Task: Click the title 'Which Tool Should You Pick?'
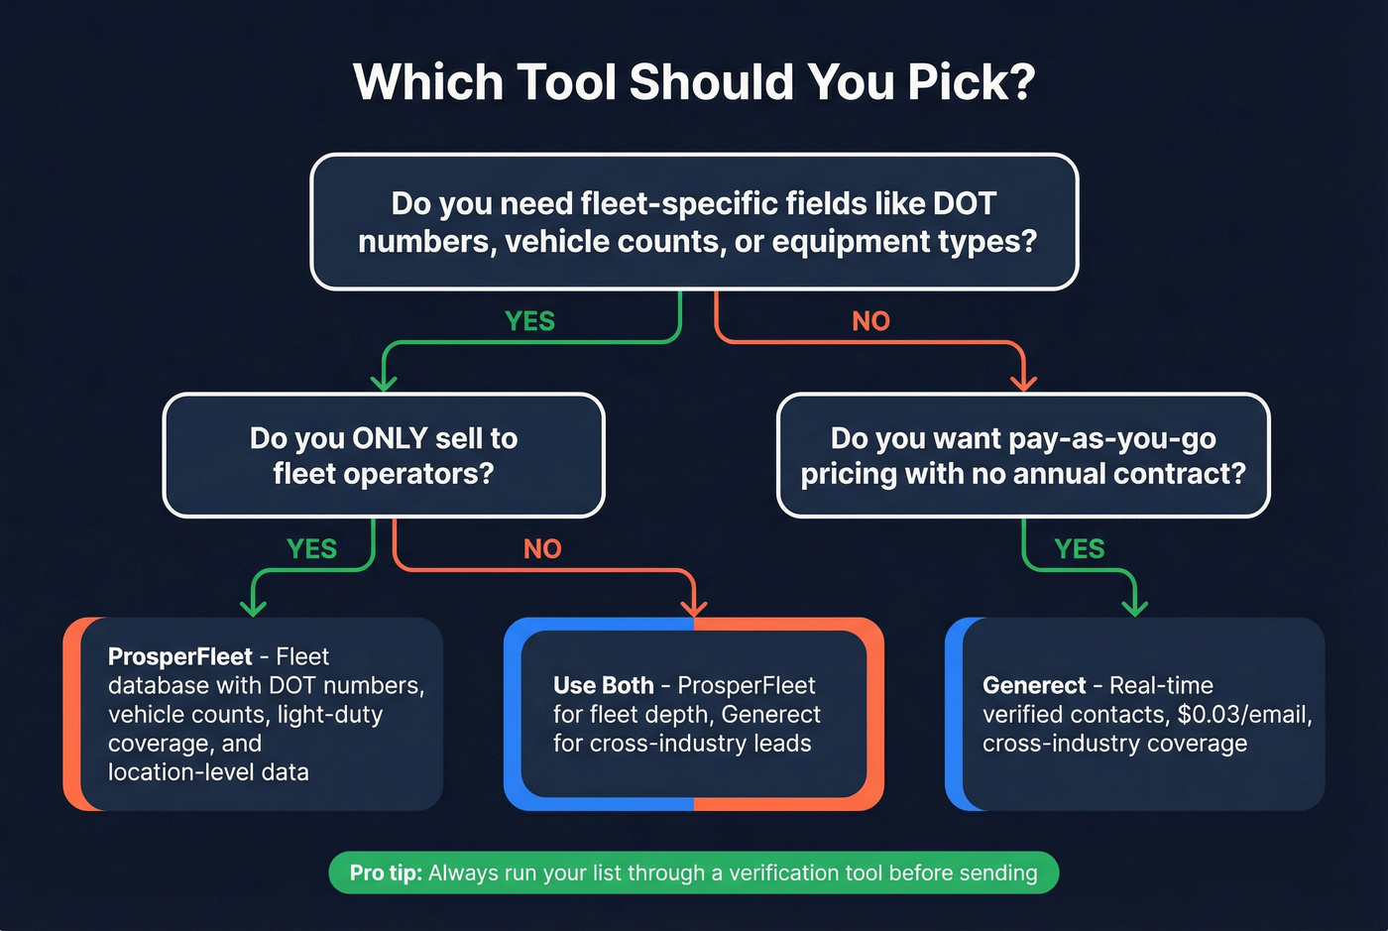694,81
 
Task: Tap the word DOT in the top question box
965,203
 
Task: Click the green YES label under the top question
529,321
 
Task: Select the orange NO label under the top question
870,321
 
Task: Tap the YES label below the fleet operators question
311,548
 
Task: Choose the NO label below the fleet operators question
542,548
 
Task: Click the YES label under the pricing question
1079,548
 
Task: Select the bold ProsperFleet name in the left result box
179,656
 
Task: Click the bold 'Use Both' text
603,685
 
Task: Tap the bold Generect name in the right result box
1034,685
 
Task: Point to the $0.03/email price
1244,714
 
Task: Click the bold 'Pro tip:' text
386,873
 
